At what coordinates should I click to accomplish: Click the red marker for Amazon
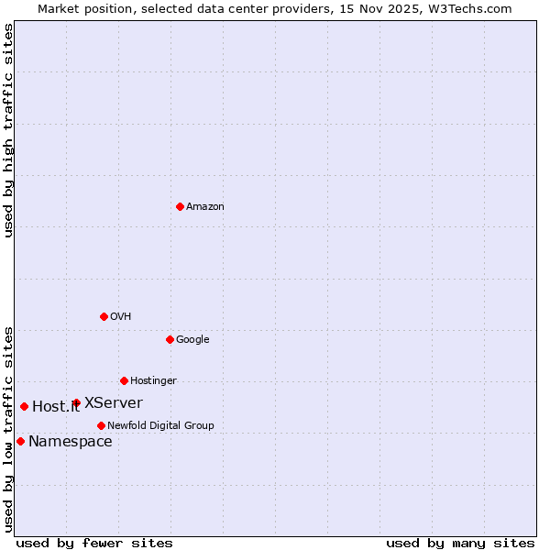tap(180, 206)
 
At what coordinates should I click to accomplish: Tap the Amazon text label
tap(204, 207)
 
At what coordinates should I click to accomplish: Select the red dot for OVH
tap(104, 316)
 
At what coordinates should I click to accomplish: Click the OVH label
tap(120, 317)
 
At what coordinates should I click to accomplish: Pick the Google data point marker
tap(170, 339)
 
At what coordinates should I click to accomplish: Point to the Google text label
tap(192, 340)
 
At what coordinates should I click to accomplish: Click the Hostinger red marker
tap(124, 380)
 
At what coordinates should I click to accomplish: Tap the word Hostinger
tap(153, 381)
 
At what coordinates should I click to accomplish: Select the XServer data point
tap(76, 402)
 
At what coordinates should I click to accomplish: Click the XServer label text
tap(113, 403)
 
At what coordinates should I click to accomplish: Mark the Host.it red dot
tap(24, 406)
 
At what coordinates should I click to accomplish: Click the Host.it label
tap(56, 407)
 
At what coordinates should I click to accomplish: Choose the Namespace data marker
tap(20, 441)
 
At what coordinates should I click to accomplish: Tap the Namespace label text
tap(71, 442)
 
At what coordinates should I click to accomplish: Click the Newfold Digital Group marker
tap(101, 425)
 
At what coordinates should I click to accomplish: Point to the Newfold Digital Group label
tap(160, 426)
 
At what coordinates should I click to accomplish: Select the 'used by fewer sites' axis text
tap(94, 543)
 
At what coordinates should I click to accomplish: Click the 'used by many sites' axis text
tap(460, 543)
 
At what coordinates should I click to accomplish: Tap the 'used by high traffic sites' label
tap(8, 131)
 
